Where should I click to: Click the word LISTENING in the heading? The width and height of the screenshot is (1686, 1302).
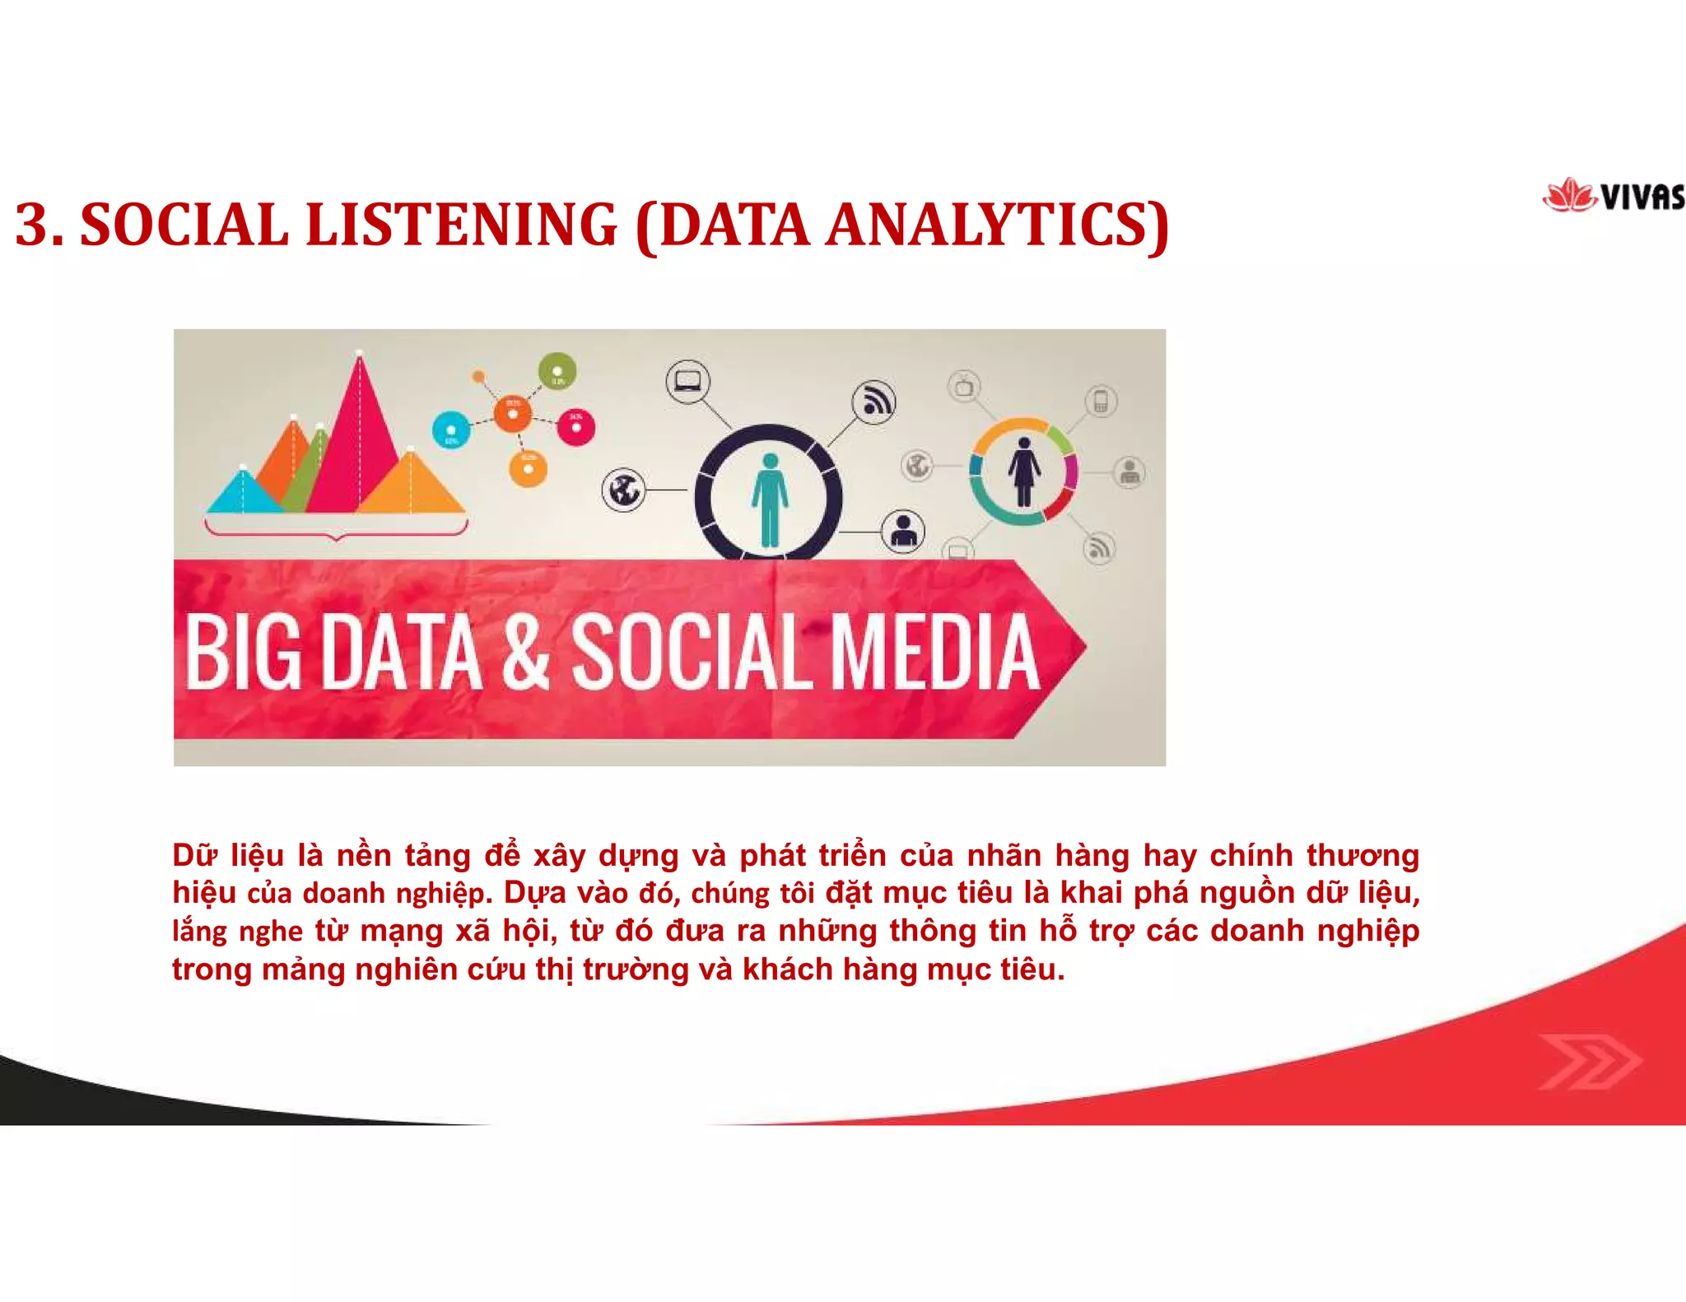tap(460, 225)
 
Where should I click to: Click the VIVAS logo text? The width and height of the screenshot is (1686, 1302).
tap(1643, 198)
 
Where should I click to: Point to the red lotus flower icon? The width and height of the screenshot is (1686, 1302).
tap(1569, 196)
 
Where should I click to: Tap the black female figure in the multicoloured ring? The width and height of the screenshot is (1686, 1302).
tap(1023, 472)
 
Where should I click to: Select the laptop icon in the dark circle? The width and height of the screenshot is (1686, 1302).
tap(687, 381)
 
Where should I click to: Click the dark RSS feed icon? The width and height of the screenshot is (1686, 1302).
tap(873, 402)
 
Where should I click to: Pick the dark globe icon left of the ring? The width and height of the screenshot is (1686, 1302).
tap(624, 490)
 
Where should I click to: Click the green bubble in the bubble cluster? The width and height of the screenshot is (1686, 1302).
tap(557, 371)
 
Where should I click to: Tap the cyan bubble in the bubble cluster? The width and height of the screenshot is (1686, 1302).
tap(451, 430)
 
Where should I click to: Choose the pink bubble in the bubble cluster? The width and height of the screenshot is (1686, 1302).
tap(575, 427)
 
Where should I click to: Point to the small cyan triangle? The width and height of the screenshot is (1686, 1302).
tap(243, 493)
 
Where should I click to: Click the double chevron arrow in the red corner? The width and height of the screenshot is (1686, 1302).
tap(1589, 1061)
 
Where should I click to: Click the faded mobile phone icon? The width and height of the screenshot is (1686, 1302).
tap(1101, 402)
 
